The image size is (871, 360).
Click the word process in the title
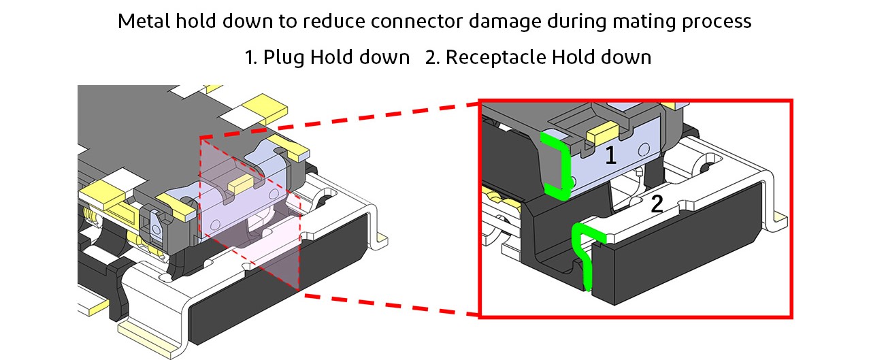point(721,21)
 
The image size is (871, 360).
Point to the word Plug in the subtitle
point(284,57)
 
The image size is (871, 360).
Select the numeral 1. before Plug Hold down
point(251,57)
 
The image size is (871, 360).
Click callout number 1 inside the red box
point(610,157)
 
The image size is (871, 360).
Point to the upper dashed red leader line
point(340,121)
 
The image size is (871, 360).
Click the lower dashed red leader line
point(388,304)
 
